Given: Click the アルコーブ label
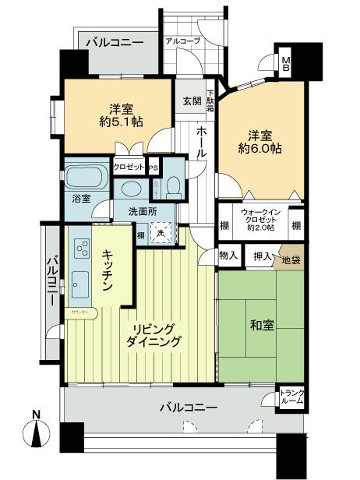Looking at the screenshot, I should click(182, 41).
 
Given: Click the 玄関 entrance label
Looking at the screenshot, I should click(192, 101).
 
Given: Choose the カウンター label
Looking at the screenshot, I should click(79, 312).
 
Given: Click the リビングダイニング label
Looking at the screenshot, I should click(156, 334).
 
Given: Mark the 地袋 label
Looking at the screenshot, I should click(290, 258).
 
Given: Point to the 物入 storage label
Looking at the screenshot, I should click(228, 256).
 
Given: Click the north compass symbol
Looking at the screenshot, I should click(37, 434).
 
